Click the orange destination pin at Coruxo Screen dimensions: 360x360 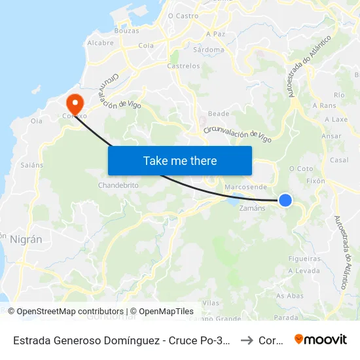74,103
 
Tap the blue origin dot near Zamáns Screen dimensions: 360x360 285,200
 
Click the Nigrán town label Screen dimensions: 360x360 26,240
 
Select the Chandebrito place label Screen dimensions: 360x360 118,185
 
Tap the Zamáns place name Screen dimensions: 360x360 253,208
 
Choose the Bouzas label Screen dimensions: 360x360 126,31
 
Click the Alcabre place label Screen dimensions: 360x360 101,43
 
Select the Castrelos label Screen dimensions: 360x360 183,66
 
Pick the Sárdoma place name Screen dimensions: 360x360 210,50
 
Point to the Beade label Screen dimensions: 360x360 218,114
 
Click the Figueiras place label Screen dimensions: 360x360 304,259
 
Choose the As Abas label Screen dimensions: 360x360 290,296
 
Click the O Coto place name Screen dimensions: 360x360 301,168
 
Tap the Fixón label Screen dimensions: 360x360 315,180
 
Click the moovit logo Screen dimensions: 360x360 321,340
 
